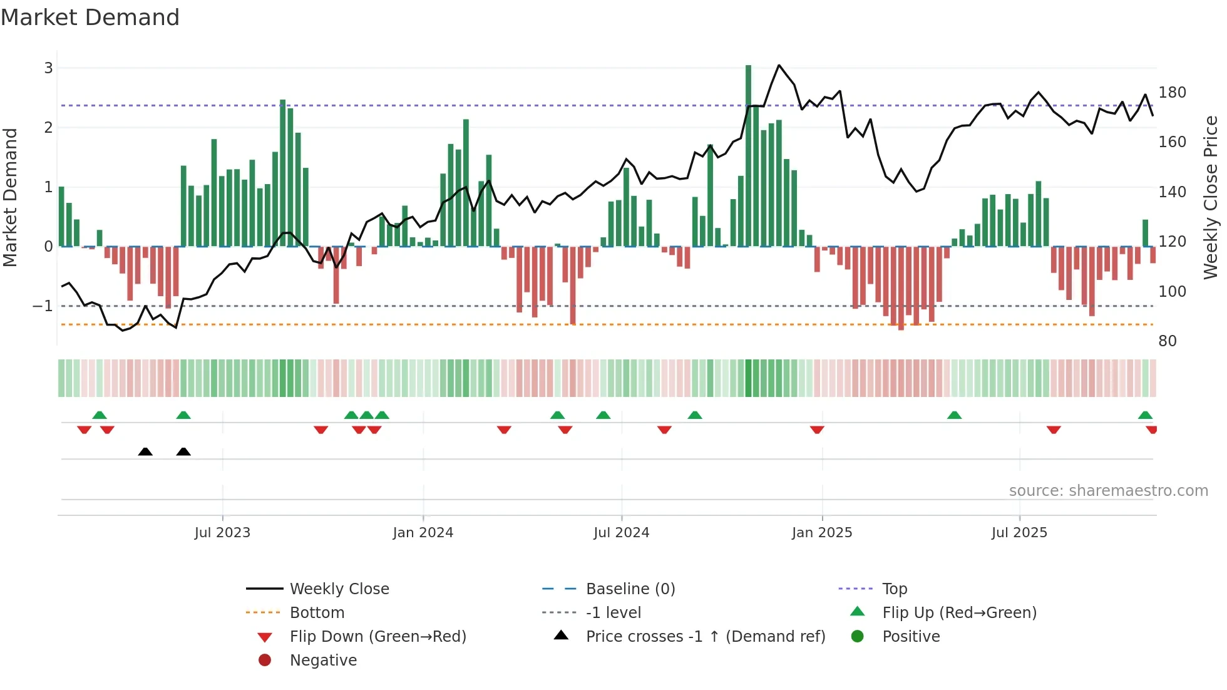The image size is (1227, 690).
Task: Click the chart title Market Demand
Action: (90, 18)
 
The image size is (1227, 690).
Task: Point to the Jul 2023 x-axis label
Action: (222, 533)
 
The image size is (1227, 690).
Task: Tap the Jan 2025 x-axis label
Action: (821, 533)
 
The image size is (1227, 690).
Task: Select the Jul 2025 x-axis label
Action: (1019, 533)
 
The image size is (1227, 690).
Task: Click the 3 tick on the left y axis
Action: (48, 68)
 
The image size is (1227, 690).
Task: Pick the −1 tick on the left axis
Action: (43, 306)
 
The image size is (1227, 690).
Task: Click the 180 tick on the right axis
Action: (1172, 93)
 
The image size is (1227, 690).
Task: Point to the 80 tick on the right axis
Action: (1168, 341)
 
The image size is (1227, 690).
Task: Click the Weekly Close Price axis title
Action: (1211, 197)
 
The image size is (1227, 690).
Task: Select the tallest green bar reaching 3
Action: (748, 157)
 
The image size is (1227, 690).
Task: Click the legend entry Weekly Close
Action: (339, 589)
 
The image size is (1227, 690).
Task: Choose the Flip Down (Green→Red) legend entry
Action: (377, 637)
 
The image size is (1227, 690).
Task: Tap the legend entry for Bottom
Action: (317, 613)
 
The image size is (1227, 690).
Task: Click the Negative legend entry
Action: (323, 661)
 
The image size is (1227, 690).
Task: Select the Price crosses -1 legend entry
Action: (705, 637)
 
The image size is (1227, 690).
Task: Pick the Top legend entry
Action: (895, 589)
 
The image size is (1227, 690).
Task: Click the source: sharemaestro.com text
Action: (1108, 491)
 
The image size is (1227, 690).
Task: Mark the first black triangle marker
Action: (145, 451)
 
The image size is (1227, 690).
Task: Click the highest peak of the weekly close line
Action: (779, 65)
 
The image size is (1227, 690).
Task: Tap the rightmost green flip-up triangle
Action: (1145, 415)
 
